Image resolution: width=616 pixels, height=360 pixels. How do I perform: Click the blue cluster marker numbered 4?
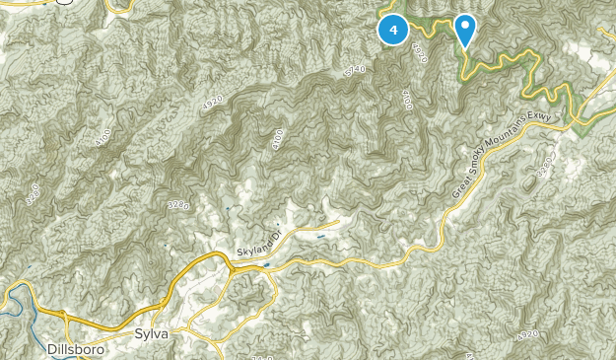394,31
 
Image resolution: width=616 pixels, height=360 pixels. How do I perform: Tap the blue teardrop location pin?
465,29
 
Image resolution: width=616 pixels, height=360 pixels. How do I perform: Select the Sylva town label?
152,335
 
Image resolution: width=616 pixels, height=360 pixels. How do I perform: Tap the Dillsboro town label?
74,348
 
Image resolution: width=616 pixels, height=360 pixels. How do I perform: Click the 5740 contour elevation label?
356,70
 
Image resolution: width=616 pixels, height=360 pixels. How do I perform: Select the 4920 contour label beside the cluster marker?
421,52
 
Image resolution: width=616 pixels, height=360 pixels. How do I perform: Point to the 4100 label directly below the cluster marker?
405,99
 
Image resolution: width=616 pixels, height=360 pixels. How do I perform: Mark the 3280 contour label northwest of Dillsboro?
32,193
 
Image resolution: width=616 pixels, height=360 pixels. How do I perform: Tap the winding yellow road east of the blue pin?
537,74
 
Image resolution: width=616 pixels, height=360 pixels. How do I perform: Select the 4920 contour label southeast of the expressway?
527,335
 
